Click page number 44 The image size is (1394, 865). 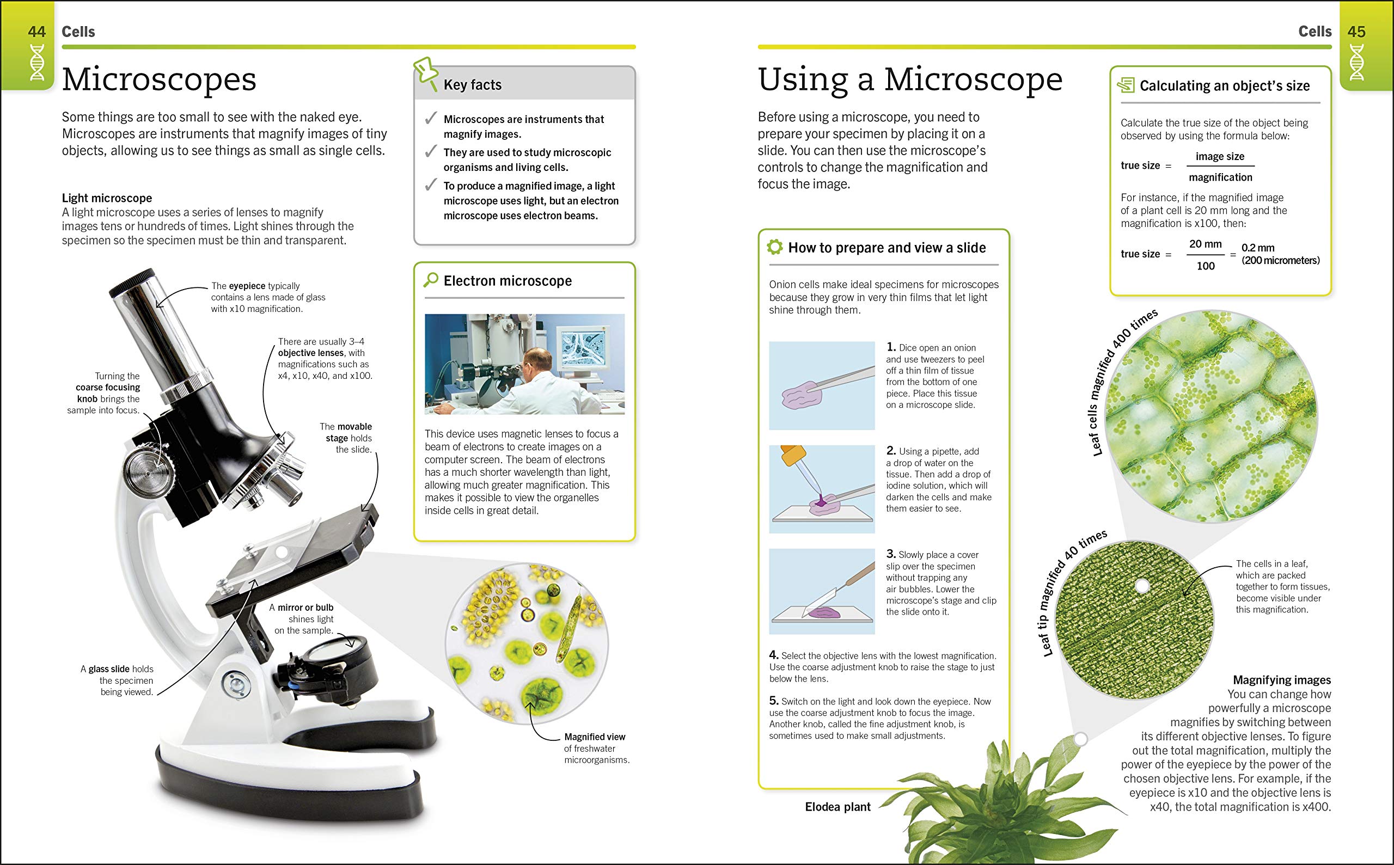tap(36, 32)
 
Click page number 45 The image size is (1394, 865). tap(1356, 32)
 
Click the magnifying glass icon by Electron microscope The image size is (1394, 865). tap(430, 280)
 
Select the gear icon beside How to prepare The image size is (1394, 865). tap(775, 247)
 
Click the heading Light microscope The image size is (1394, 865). tap(107, 198)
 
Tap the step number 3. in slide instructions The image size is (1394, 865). tap(891, 554)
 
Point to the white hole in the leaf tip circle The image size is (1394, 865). tap(1142, 586)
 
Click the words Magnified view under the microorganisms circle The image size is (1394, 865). tap(595, 737)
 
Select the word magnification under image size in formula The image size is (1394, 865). tap(1220, 177)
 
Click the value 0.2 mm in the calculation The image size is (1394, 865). tap(1258, 248)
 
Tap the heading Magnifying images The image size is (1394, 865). tap(1281, 679)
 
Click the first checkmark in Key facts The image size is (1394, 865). tap(430, 119)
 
